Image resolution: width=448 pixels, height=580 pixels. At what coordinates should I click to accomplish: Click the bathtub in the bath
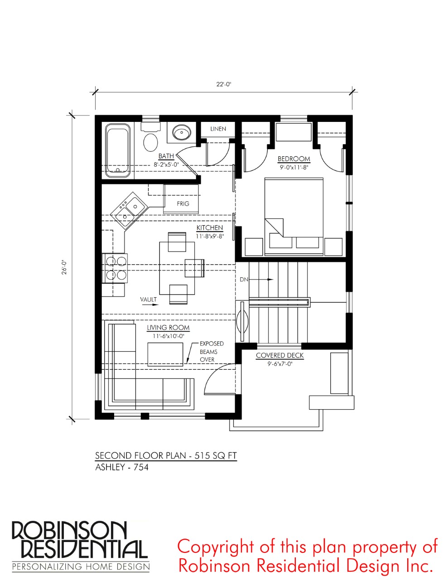pos(118,150)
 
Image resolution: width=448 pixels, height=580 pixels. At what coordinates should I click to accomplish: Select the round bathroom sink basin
pos(182,132)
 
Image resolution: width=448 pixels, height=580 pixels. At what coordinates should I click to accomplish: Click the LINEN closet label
pos(218,129)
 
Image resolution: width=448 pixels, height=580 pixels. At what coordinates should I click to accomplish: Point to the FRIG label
pos(183,203)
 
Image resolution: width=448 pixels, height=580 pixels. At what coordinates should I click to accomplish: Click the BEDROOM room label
pos(294,159)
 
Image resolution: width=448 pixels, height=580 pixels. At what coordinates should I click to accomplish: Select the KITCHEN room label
pos(210,227)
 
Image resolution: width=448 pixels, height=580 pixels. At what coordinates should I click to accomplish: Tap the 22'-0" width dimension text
pos(224,85)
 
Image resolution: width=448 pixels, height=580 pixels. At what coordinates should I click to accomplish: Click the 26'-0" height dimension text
pos(64,267)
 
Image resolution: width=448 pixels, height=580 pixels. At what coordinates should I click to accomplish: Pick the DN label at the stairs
pos(244,280)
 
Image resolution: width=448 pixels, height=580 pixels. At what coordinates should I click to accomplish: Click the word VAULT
pos(149,300)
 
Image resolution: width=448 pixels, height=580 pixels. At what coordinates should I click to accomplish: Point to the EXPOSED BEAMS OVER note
pos(212,352)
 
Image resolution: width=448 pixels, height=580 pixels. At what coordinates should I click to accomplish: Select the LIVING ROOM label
pos(168,328)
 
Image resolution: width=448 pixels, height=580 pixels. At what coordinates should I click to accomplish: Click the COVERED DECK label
pos(279,356)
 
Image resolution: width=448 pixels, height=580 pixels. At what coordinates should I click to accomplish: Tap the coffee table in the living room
pos(165,354)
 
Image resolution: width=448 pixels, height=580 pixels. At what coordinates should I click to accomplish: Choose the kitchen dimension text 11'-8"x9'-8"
pos(210,236)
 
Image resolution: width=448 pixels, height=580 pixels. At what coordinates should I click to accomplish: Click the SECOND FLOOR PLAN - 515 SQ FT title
pos(166,455)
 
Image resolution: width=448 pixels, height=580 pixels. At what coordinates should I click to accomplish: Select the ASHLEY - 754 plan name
pos(122,467)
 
